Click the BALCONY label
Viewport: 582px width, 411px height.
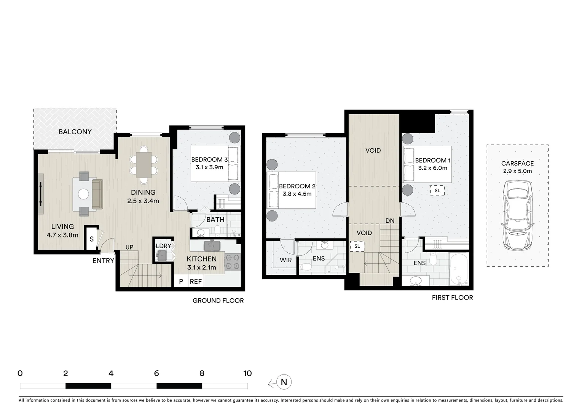click(x=75, y=132)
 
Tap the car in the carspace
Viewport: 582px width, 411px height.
click(x=517, y=215)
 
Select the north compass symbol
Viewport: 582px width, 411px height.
click(x=284, y=382)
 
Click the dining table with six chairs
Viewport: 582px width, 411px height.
click(x=144, y=165)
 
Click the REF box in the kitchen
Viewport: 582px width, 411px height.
click(x=196, y=282)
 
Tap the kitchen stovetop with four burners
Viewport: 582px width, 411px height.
click(x=233, y=262)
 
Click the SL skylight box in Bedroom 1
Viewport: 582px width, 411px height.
click(x=437, y=191)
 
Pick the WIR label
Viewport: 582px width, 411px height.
click(x=285, y=260)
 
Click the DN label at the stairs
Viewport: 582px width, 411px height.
click(x=390, y=221)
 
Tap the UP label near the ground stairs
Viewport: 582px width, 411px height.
click(x=129, y=247)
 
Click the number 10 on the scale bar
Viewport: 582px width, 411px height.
click(x=247, y=373)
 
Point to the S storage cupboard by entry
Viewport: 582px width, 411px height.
click(x=91, y=239)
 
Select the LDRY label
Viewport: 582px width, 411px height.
click(x=163, y=246)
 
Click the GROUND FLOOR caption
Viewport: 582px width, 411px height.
click(x=218, y=301)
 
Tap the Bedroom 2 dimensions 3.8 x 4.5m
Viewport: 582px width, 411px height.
click(x=297, y=194)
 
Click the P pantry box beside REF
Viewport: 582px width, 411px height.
click(x=181, y=282)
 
